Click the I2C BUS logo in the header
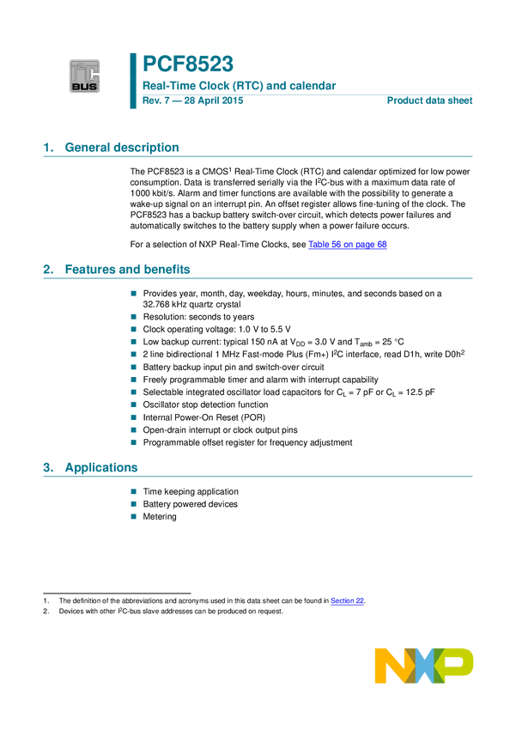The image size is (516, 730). [85, 76]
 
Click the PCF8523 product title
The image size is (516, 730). [189, 63]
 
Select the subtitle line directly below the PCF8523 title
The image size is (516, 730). [240, 86]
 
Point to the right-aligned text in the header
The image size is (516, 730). [430, 101]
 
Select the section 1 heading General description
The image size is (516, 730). [112, 148]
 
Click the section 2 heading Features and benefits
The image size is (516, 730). [117, 270]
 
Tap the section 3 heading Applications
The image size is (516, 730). [91, 468]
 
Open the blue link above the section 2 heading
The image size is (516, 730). [348, 246]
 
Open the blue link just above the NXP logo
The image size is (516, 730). [348, 602]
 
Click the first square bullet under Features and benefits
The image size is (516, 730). [133, 293]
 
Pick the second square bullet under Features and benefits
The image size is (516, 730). [133, 316]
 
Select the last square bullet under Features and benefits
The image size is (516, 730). [133, 442]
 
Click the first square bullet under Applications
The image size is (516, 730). [133, 491]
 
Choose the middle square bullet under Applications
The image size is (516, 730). [133, 504]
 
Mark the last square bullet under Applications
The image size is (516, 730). [133, 517]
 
